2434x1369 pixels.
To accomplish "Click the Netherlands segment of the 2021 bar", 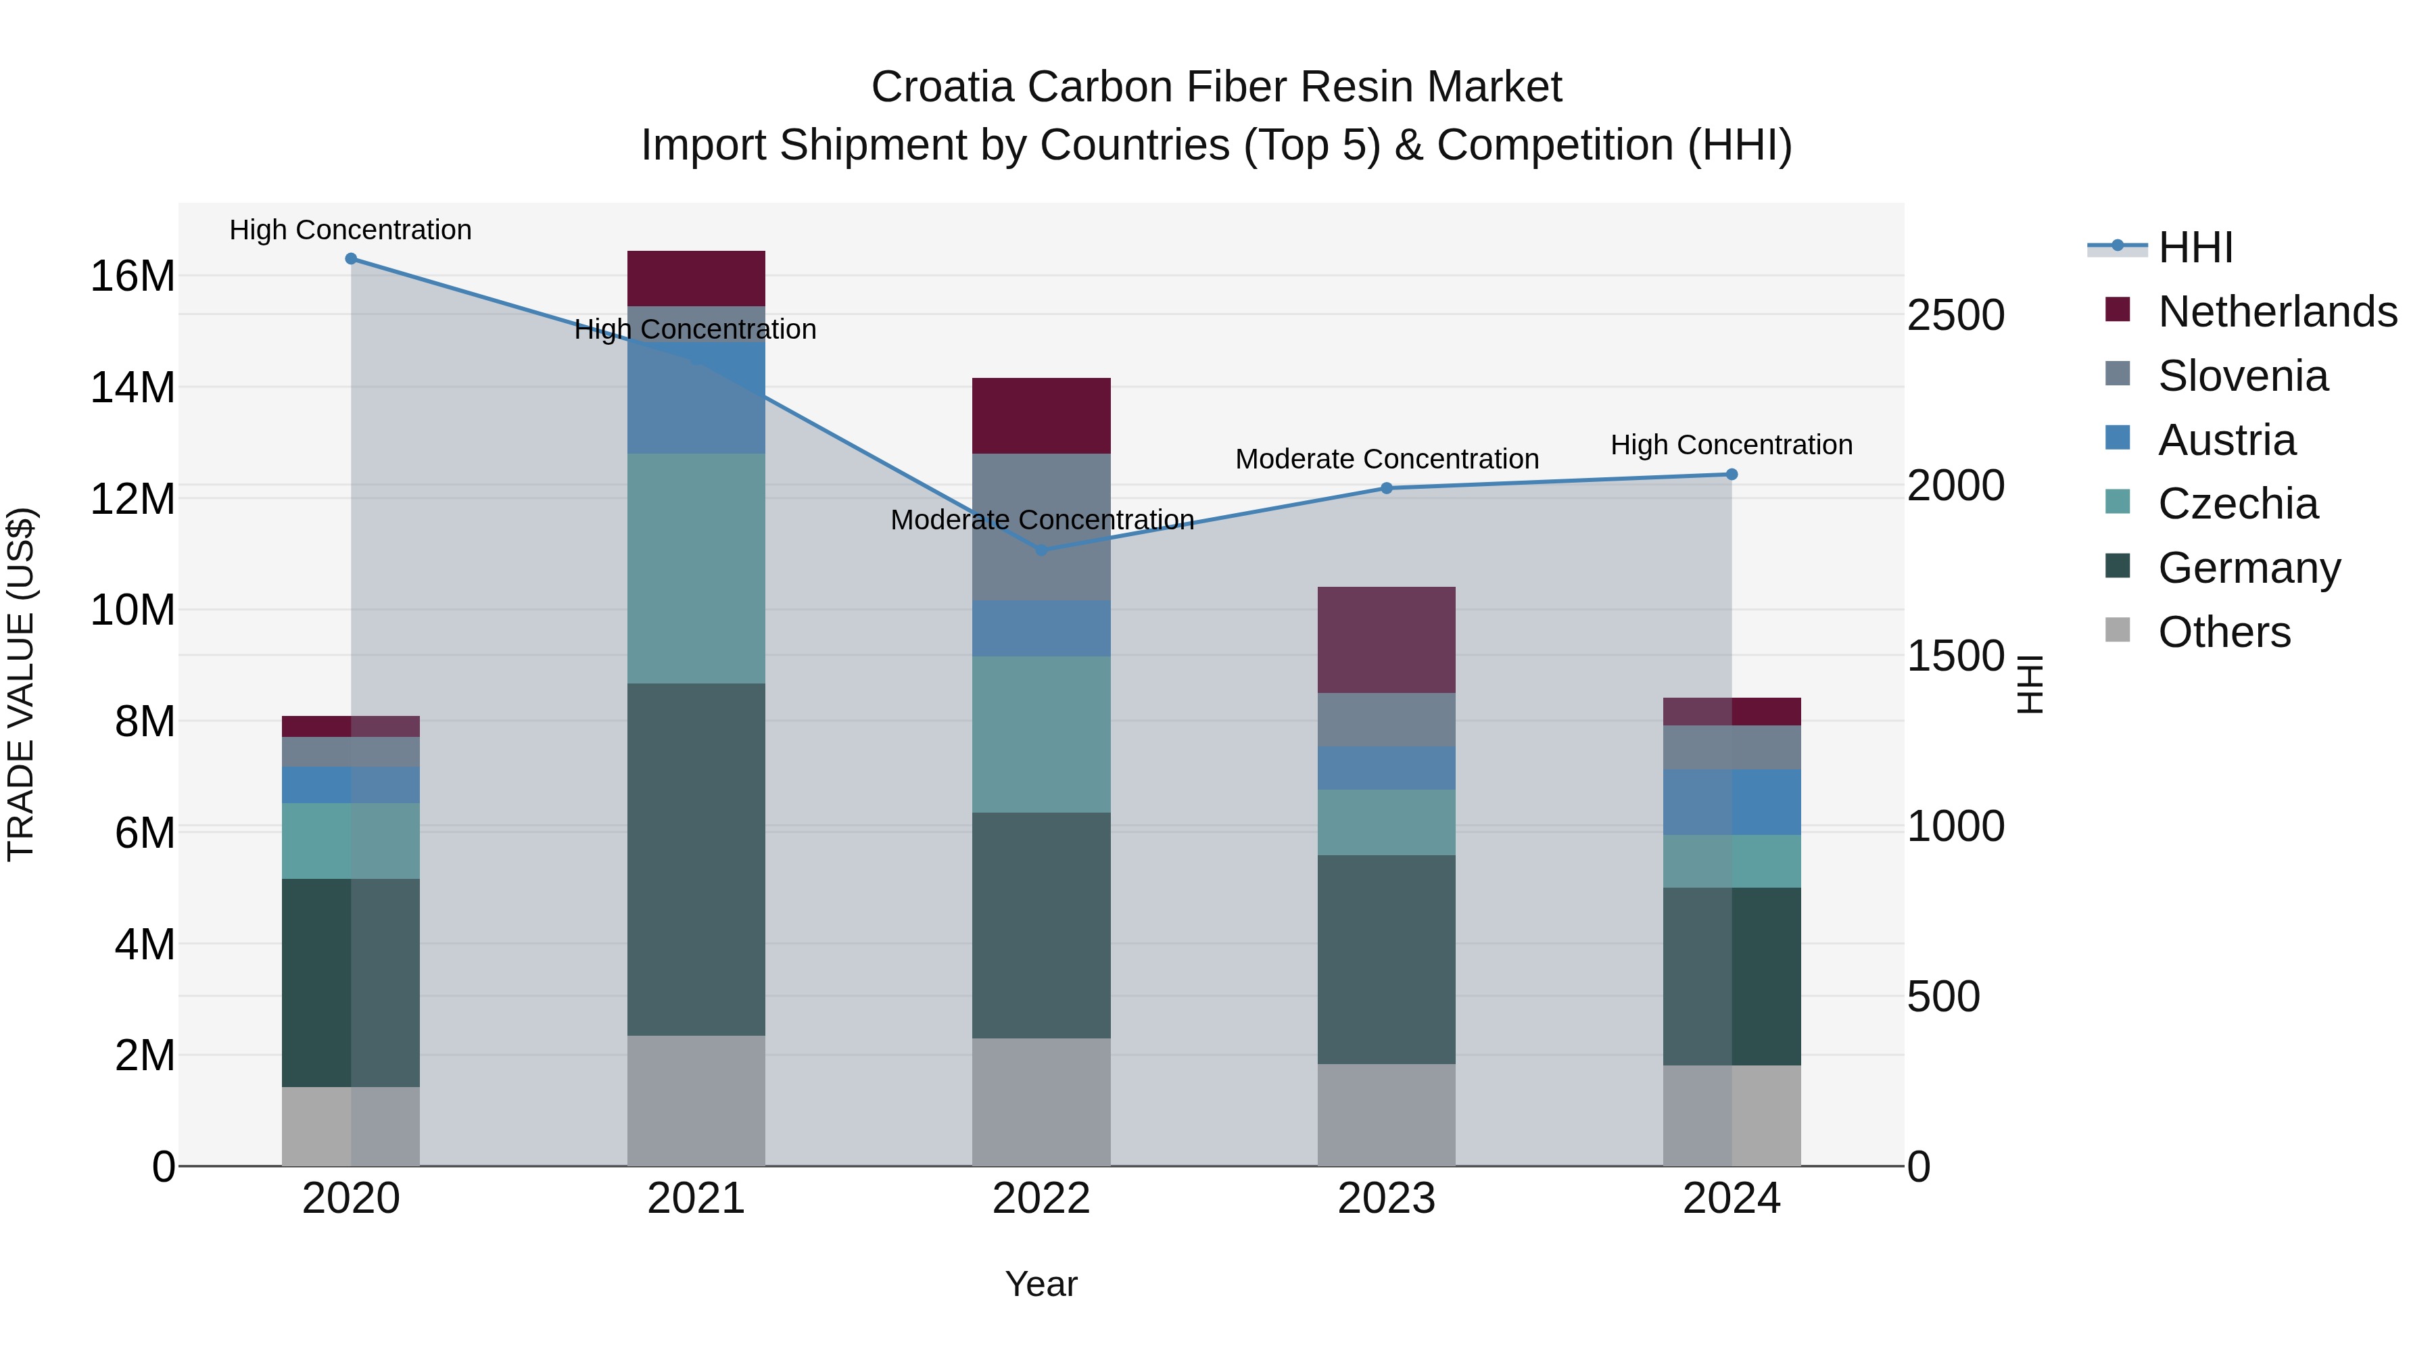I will pyautogui.click(x=696, y=278).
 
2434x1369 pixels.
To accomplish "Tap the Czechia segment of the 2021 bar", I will pyautogui.click(x=696, y=568).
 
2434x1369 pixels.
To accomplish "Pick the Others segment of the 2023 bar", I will pyautogui.click(x=1386, y=1114).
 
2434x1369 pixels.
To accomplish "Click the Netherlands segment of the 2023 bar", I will pyautogui.click(x=1386, y=640).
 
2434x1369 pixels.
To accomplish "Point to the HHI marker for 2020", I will pyautogui.click(x=350, y=259).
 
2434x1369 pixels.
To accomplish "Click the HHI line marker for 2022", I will pyautogui.click(x=1041, y=550).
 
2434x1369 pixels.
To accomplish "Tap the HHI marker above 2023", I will pyautogui.click(x=1386, y=489).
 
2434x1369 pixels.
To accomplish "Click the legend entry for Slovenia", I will pyautogui.click(x=2242, y=376).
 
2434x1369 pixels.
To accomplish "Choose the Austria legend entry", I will pyautogui.click(x=2226, y=440).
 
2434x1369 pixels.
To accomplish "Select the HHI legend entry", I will pyautogui.click(x=2195, y=247).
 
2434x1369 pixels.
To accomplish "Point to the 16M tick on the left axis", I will pyautogui.click(x=133, y=277).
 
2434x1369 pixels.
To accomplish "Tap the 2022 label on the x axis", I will pyautogui.click(x=1041, y=1199).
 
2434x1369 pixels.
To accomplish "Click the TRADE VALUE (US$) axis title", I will pyautogui.click(x=21, y=684).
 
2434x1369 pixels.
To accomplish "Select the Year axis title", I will pyautogui.click(x=1041, y=1284).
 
